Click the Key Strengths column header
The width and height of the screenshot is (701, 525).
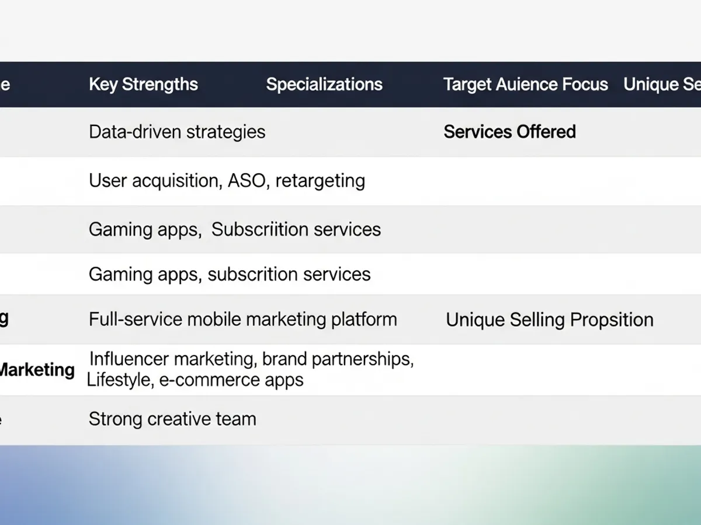pyautogui.click(x=143, y=85)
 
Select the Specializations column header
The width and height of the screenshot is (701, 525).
pyautogui.click(x=324, y=85)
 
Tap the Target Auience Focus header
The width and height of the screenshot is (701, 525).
pyautogui.click(x=525, y=85)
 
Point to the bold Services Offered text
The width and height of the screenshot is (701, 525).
pyautogui.click(x=509, y=132)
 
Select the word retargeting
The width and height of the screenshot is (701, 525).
pyautogui.click(x=320, y=181)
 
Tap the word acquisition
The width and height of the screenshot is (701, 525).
pyautogui.click(x=177, y=181)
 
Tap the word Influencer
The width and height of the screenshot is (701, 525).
pyautogui.click(x=129, y=359)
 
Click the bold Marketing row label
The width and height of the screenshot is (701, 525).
pyautogui.click(x=36, y=370)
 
